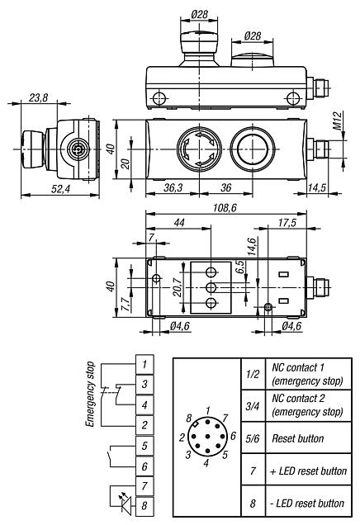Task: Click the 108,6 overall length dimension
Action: pos(224,209)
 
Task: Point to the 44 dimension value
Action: pos(178,223)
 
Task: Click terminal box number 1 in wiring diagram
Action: pos(144,364)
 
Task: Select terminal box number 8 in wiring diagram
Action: pos(144,505)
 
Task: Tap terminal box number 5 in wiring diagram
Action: pos(144,445)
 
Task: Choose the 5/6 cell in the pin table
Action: pos(253,438)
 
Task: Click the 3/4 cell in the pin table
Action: pos(253,404)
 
